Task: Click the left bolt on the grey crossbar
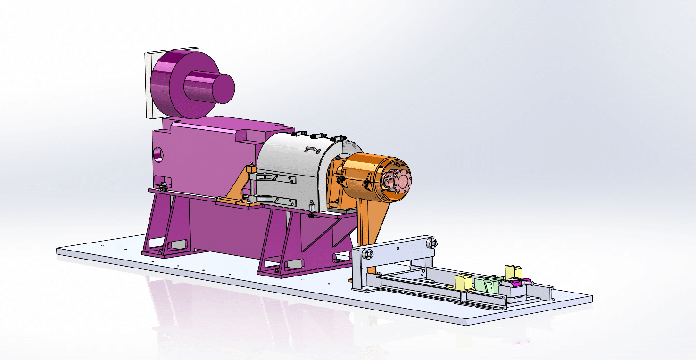click(367, 254)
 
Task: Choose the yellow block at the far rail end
click(513, 272)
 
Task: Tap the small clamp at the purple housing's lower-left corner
click(163, 185)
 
